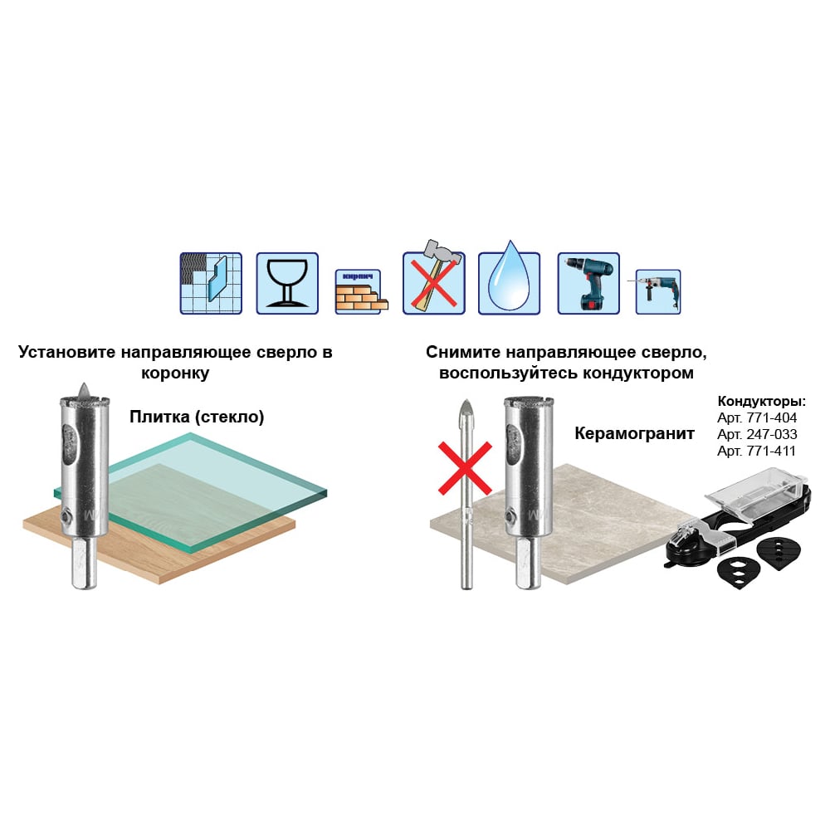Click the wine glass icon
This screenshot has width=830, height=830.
[x=287, y=283]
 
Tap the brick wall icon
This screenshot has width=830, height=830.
[x=362, y=291]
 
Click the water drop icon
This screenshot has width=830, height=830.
[x=510, y=277]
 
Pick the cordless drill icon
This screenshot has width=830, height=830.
[x=588, y=283]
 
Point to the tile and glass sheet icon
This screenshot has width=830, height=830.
[x=211, y=283]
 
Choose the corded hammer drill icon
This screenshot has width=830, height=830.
[x=657, y=291]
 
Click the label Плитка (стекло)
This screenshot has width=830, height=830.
[x=197, y=417]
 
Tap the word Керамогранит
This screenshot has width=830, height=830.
[x=634, y=434]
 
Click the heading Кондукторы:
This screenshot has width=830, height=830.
[x=762, y=401]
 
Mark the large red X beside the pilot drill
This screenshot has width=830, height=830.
[x=466, y=468]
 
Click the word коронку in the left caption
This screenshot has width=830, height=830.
[x=175, y=373]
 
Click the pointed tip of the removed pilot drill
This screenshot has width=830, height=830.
[x=466, y=400]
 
